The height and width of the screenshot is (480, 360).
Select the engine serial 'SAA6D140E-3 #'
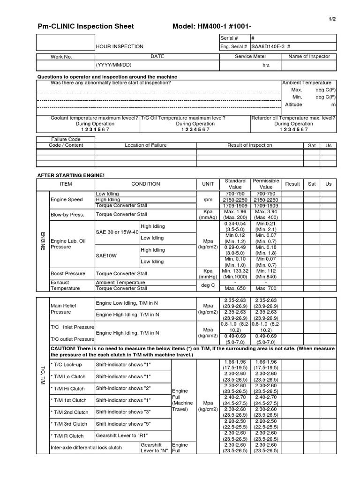coord(271,46)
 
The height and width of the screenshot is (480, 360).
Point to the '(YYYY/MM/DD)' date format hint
coord(114,65)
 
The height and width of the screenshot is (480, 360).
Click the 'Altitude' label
coord(294,105)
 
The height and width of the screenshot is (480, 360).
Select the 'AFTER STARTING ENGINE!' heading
coord(71,175)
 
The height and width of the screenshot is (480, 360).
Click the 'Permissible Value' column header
coord(266,184)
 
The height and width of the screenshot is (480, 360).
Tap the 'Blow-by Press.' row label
coord(67,214)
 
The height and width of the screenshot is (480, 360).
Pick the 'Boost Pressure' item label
coord(68,273)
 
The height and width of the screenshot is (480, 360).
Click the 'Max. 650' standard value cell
coord(236,288)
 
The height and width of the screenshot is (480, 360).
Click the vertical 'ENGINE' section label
coord(43,240)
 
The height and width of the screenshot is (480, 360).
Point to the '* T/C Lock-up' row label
coord(66,364)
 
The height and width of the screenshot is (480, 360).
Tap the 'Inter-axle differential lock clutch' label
coord(86,448)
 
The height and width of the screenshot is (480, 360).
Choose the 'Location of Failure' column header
coord(145,145)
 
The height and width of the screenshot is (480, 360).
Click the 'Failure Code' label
coord(66,139)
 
